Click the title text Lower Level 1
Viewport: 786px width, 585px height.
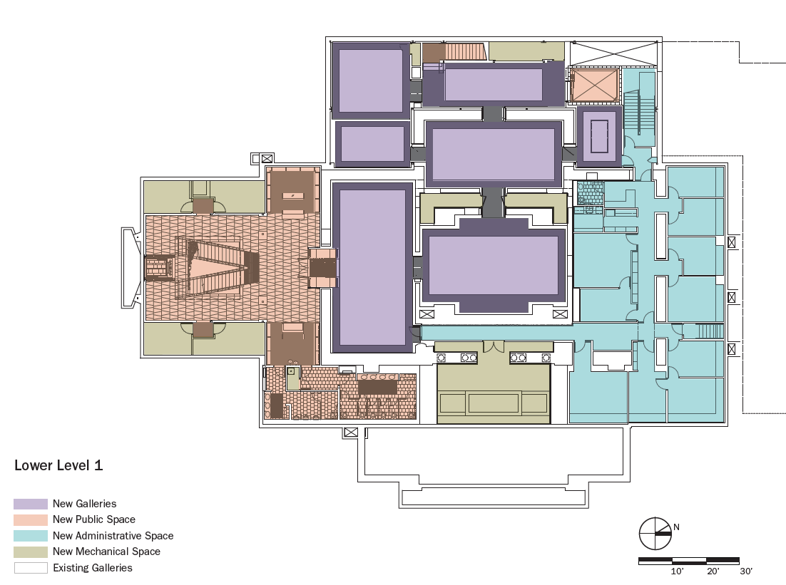click(x=58, y=465)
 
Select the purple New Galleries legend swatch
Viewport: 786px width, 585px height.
click(x=31, y=504)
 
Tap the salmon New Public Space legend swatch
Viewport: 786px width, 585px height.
click(x=31, y=520)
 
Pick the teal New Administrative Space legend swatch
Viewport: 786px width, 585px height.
click(x=31, y=536)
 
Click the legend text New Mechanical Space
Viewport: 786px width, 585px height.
click(x=107, y=552)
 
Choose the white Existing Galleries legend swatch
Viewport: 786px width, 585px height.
click(x=31, y=568)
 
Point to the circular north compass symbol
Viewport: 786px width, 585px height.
click(x=655, y=534)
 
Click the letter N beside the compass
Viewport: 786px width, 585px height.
click(x=676, y=527)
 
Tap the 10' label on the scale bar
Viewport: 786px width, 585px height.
click(x=677, y=571)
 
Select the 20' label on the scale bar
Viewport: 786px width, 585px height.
click(x=713, y=571)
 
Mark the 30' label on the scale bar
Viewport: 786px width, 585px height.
click(x=746, y=571)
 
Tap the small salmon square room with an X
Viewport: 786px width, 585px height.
click(x=593, y=85)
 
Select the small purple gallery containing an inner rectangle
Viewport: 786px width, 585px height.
click(x=599, y=136)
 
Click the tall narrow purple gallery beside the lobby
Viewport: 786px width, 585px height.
click(x=372, y=267)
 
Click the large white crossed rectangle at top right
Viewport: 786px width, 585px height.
click(x=614, y=54)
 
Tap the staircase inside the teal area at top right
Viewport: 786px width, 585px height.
click(x=639, y=112)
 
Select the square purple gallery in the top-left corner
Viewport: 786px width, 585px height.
click(x=371, y=81)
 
